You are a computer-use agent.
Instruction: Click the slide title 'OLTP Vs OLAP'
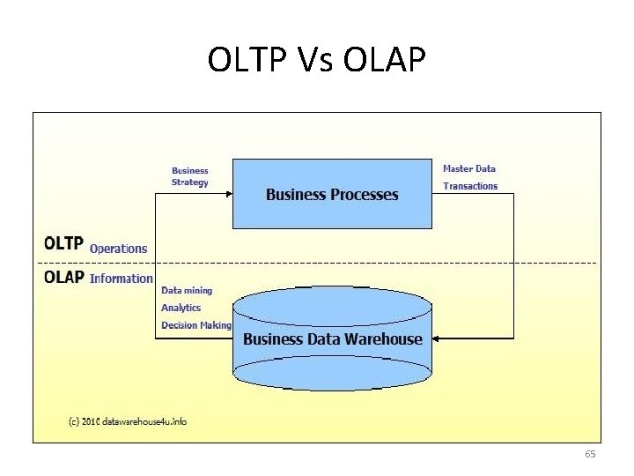point(317,60)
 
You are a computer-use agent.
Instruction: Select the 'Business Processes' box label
point(332,195)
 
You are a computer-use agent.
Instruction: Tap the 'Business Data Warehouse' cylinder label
point(332,339)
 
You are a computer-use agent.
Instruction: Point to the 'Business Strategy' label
point(190,176)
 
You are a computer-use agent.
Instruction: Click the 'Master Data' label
point(469,168)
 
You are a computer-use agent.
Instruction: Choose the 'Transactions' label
point(470,186)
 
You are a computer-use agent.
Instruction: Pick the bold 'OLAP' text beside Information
point(64,277)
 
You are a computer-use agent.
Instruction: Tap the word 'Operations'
point(119,249)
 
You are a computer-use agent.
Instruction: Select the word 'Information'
point(122,279)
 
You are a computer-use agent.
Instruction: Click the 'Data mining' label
point(187,290)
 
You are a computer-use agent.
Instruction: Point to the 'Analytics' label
point(181,308)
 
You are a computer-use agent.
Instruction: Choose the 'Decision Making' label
point(196,325)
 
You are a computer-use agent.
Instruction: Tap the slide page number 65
point(590,454)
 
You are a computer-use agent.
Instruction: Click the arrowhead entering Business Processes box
point(228,194)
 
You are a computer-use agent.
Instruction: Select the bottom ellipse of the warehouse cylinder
point(332,374)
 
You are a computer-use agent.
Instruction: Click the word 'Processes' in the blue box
point(363,195)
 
